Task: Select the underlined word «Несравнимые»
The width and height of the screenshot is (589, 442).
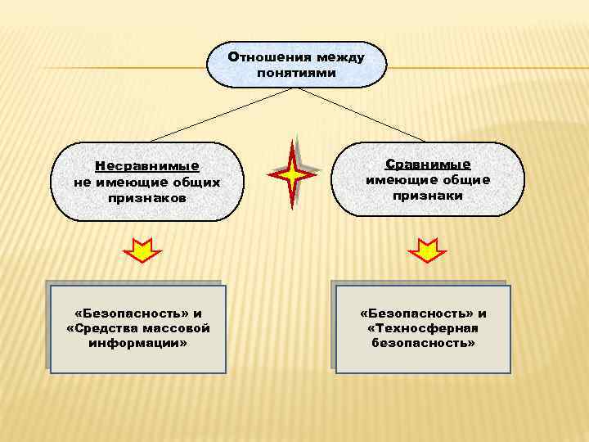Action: click(x=146, y=167)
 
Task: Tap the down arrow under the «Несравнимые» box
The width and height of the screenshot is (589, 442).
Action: click(x=142, y=249)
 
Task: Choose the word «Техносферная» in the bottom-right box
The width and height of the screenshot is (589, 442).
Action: click(x=423, y=328)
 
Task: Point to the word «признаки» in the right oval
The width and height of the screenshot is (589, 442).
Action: click(x=428, y=196)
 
